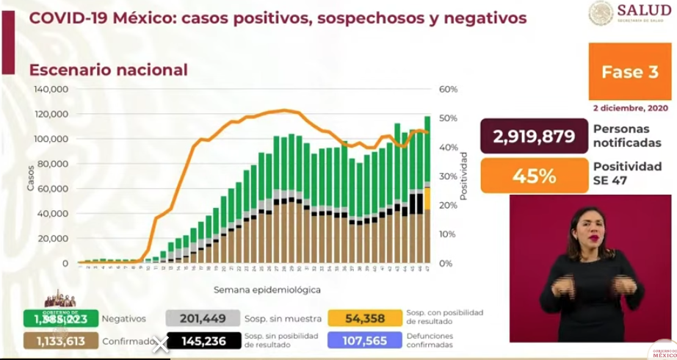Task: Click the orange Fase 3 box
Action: (x=630, y=71)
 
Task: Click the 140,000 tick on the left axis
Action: (x=51, y=89)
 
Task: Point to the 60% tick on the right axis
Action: (x=448, y=89)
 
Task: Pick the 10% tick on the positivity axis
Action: (x=448, y=234)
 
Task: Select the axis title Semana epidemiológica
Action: (x=257, y=290)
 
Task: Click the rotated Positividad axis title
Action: (x=464, y=176)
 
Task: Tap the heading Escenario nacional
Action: (x=109, y=70)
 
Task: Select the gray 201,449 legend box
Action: (x=203, y=318)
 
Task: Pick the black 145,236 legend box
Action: (x=203, y=342)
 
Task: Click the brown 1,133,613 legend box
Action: (x=60, y=342)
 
